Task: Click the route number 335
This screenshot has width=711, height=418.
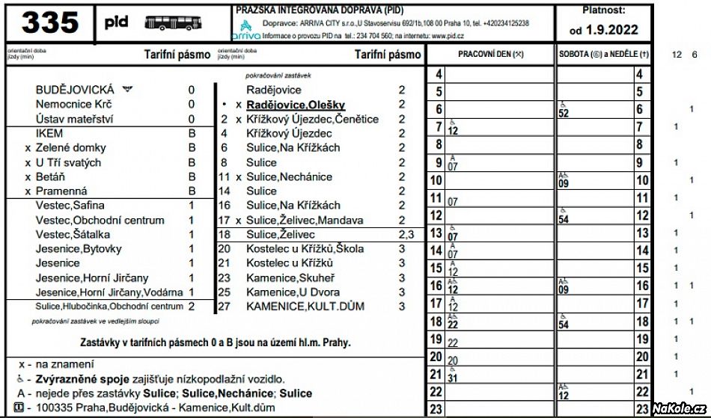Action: [50, 23]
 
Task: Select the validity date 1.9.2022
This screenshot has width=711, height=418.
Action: [604, 30]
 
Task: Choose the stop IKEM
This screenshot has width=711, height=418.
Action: [49, 133]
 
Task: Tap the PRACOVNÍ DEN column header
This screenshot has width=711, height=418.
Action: [490, 55]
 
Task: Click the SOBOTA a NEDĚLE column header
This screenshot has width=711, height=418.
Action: [604, 55]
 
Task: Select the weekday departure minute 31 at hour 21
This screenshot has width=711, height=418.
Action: [453, 378]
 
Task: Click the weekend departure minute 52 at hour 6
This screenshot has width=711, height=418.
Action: [564, 113]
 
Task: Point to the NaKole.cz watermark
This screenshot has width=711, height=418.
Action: [678, 408]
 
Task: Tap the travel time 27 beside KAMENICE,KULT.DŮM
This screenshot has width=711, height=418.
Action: [225, 306]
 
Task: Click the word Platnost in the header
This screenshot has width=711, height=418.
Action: [603, 10]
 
